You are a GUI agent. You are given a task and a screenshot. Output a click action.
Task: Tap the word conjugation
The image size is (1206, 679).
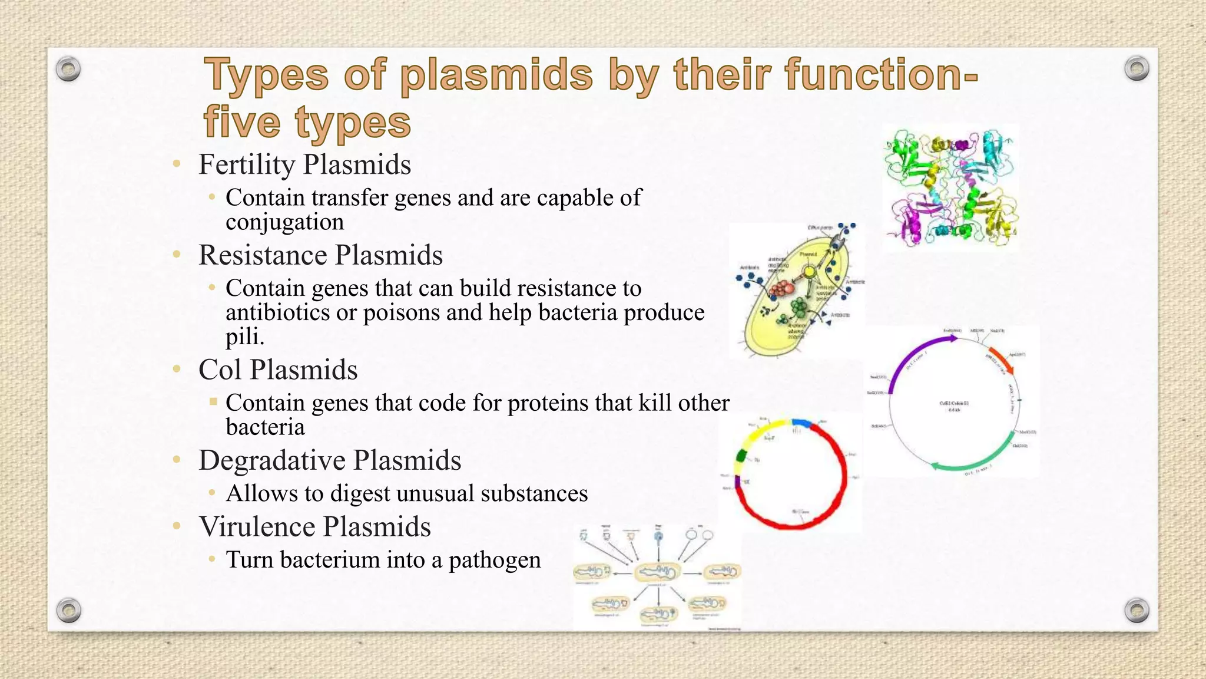[x=284, y=222]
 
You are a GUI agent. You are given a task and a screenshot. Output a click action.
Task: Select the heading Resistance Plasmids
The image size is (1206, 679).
[x=320, y=255]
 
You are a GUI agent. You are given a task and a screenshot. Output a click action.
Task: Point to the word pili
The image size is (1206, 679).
[x=244, y=337]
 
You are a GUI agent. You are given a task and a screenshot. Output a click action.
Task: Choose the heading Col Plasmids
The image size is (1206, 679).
[x=278, y=370]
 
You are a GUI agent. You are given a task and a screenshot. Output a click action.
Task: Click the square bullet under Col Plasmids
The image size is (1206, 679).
[x=213, y=402]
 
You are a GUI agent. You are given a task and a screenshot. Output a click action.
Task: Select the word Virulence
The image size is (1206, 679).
[x=257, y=527]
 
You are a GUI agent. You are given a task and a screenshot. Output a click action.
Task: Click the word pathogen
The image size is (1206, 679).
[x=495, y=560]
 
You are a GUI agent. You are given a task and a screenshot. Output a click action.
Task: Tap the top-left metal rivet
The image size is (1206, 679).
[x=68, y=69]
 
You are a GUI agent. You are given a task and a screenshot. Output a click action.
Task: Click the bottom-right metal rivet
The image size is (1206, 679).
[x=1137, y=610]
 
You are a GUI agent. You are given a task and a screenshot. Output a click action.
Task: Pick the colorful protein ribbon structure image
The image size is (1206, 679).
[x=950, y=187]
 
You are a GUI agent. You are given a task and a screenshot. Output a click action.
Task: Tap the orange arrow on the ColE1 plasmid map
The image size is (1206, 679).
[x=1001, y=360]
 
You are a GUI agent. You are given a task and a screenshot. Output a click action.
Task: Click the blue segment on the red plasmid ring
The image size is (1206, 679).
[x=801, y=423]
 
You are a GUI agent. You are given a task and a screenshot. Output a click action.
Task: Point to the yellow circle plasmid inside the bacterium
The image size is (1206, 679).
[x=809, y=272]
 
